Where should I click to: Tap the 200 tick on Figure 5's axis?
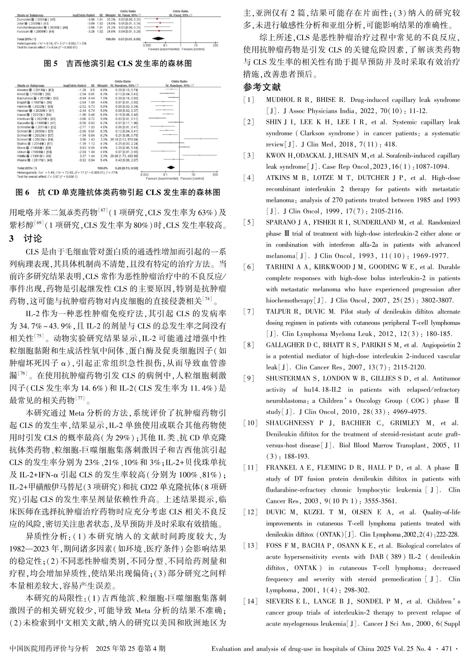pyautogui.click(x=215, y=45)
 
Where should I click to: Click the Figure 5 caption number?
pyautogui.click(x=51, y=63)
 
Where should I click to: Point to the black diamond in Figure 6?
pyautogui.click(x=171, y=167)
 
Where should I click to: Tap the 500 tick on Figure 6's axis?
pyautogui.click(x=215, y=174)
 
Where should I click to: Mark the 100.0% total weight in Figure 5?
pyautogui.click(x=110, y=40)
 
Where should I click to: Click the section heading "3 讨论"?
pyautogui.click(x=26, y=239)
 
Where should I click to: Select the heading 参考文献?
pyautogui.click(x=262, y=88)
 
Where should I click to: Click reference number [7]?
pyautogui.click(x=249, y=312)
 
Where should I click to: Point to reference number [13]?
pyautogui.click(x=250, y=546)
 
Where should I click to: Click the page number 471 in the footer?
pyautogui.click(x=447, y=648)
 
